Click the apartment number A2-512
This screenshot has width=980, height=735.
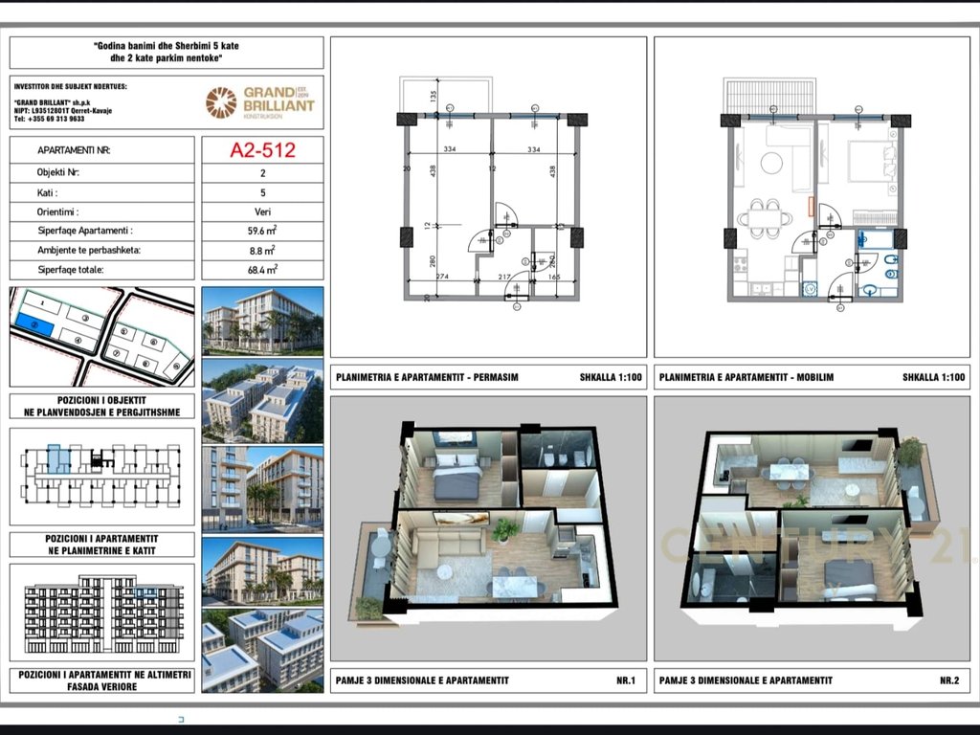[262, 150]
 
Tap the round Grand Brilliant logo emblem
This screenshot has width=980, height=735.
[221, 101]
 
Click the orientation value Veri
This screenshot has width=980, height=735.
[262, 212]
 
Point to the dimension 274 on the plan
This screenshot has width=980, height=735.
[442, 278]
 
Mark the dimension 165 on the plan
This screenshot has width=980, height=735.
[555, 278]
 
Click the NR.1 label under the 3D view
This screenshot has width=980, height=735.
[626, 680]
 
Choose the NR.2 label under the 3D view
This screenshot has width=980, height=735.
[948, 680]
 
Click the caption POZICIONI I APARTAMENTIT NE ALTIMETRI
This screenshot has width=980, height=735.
[102, 675]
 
